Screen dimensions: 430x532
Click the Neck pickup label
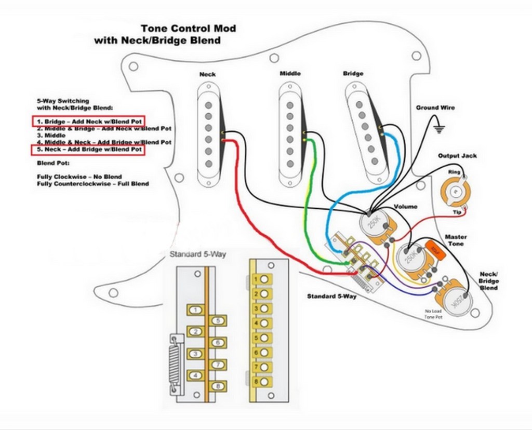(208, 74)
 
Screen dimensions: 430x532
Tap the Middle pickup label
(290, 73)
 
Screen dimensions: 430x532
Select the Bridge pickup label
(353, 73)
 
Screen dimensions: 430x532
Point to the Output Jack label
(457, 156)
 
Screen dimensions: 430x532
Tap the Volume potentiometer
(373, 225)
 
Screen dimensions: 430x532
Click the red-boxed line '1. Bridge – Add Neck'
(88, 121)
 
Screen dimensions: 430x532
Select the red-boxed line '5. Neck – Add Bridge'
(88, 150)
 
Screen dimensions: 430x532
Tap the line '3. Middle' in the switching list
(52, 135)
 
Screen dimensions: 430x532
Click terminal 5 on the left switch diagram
(219, 321)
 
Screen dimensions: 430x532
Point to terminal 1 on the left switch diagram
(194, 310)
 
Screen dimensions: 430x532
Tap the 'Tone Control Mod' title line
(188, 29)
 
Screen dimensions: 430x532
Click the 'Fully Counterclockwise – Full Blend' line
(93, 184)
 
